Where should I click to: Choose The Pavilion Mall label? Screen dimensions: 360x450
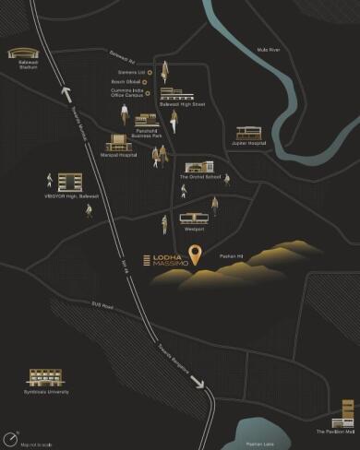tap(341, 432)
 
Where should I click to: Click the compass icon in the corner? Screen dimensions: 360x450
tap(12, 436)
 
